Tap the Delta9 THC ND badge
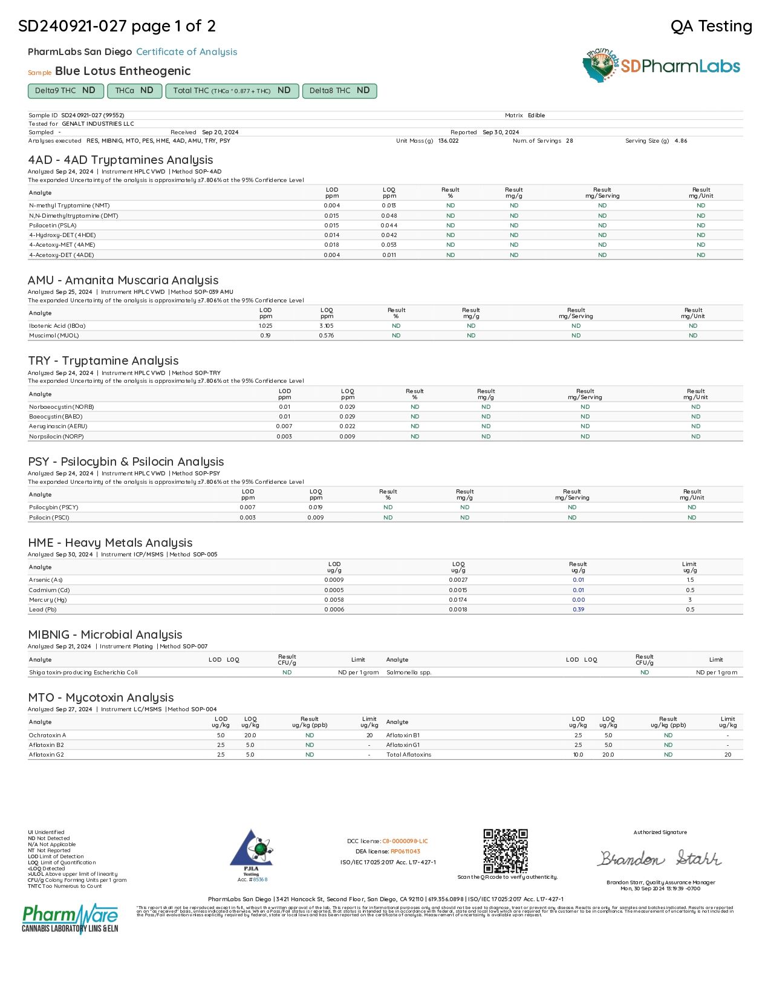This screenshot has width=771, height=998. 65,91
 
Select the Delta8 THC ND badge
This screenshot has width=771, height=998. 339,91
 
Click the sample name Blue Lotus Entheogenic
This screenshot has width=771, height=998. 123,71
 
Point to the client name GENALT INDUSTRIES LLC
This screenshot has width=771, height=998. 98,123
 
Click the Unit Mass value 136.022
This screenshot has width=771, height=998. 448,141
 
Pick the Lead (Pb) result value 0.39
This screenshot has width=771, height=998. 578,610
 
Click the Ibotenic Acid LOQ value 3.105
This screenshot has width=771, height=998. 327,326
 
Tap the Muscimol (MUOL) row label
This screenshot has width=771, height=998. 54,336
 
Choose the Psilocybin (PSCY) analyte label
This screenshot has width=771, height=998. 54,507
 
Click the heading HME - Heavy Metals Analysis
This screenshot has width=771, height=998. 110,543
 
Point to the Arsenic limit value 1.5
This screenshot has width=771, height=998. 690,580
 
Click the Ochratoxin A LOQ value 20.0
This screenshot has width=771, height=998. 250,735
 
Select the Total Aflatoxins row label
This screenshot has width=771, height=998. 409,755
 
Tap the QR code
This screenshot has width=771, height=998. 506,851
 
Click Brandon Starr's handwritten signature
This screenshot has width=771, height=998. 660,858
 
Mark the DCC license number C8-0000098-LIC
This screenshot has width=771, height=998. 405,841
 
